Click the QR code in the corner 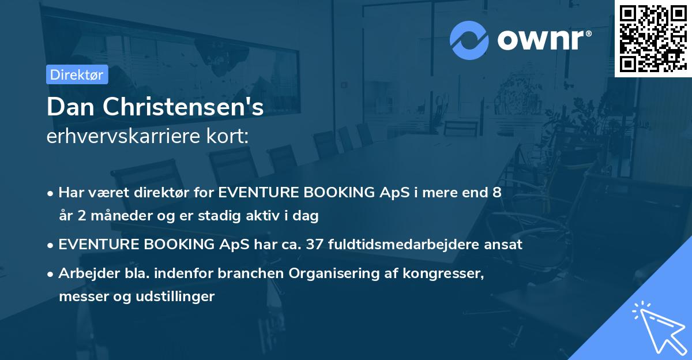point(653,39)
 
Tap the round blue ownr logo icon point(469,40)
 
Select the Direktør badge point(77,74)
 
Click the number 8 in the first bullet point(497,193)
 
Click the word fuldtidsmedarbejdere point(413,245)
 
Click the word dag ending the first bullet point(307,216)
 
